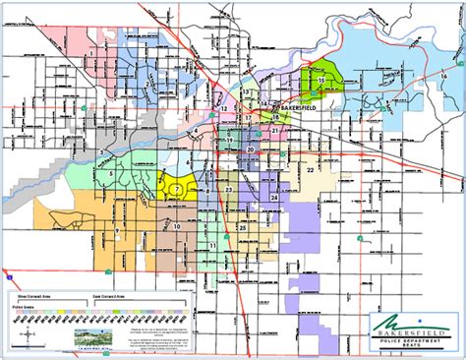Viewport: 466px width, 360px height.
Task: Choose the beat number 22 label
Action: pos(310,171)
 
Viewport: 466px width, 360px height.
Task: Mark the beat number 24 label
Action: pos(274,198)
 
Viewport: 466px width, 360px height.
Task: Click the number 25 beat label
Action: pos(242,227)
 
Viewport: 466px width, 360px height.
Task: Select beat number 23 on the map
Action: pos(228,188)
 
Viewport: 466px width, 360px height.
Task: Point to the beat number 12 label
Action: pos(223,108)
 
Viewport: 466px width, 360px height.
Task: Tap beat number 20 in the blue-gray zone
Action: pos(252,149)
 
